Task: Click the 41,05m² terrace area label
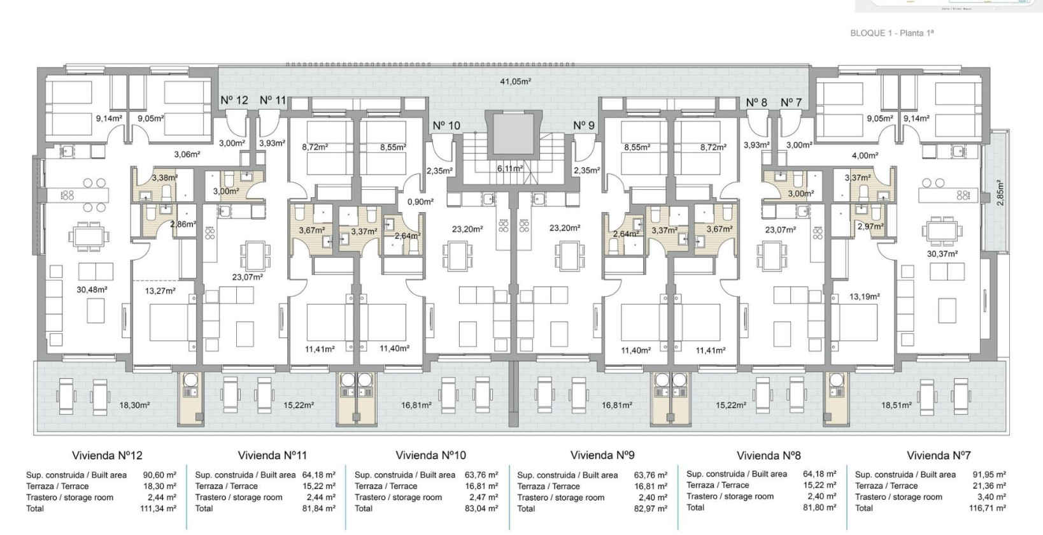tap(515, 82)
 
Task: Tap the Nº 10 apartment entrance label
tap(446, 125)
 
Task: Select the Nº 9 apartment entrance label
tap(583, 125)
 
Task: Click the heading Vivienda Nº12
tap(107, 455)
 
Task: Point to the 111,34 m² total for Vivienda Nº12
tap(158, 508)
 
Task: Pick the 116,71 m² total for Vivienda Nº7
tap(988, 508)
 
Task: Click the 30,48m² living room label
tap(92, 289)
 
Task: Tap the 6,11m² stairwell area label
tap(510, 169)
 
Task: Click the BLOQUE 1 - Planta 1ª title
tap(891, 33)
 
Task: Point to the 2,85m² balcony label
tap(999, 192)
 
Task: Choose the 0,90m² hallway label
tap(420, 201)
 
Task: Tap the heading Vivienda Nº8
tap(769, 455)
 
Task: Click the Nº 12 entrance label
tap(234, 100)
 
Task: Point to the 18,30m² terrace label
tap(134, 405)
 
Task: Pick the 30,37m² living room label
tap(942, 253)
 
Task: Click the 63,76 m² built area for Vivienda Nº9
tap(650, 475)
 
